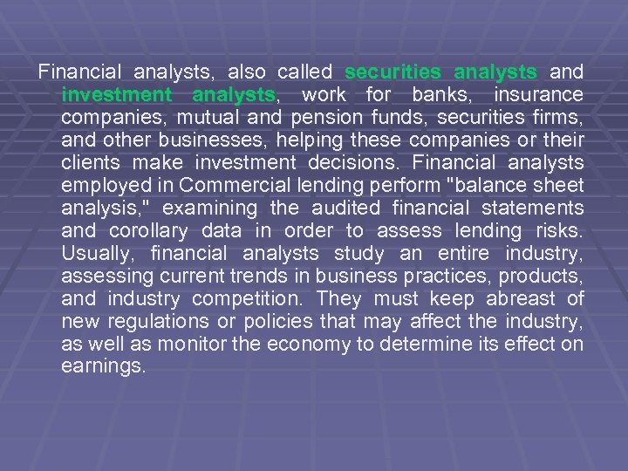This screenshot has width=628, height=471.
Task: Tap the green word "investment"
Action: coord(117,94)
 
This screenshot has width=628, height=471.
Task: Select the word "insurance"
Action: coord(538,94)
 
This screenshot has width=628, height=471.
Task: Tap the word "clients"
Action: coord(91,162)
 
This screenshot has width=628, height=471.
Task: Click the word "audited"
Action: coord(346,208)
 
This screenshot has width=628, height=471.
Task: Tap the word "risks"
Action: coord(560,230)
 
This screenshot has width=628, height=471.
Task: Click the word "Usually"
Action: coord(97,253)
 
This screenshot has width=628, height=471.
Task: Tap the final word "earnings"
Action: coord(103,366)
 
